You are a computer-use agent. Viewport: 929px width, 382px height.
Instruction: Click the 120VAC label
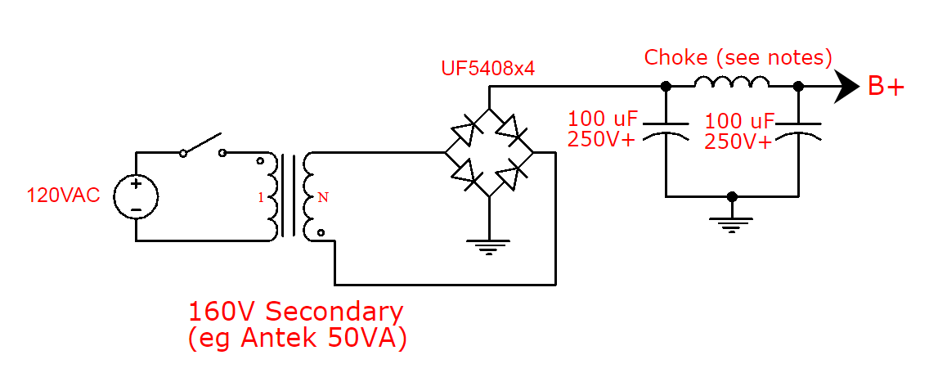click(63, 195)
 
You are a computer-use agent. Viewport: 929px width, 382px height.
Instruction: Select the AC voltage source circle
click(136, 197)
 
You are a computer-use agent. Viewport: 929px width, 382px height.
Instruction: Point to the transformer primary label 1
click(261, 198)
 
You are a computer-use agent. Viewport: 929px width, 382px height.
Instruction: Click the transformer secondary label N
click(322, 197)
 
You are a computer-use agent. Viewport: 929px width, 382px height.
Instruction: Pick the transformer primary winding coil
click(272, 197)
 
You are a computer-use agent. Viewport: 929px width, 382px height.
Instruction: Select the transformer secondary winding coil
click(310, 197)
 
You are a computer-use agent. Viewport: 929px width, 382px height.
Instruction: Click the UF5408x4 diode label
click(488, 69)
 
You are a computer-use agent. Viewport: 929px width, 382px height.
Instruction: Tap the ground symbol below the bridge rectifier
click(488, 245)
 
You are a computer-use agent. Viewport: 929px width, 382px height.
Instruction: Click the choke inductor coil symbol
click(732, 82)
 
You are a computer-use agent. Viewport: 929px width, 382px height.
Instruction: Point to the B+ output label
click(886, 87)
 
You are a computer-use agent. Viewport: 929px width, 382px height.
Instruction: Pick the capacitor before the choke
click(666, 132)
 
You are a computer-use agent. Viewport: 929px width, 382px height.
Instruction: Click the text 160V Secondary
click(296, 312)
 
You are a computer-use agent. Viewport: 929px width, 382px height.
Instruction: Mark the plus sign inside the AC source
click(136, 185)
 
